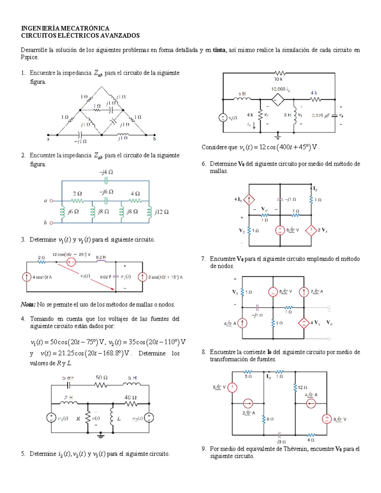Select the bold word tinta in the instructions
click(x=219, y=50)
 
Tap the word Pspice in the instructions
click(x=29, y=57)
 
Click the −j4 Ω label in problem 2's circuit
click(x=106, y=172)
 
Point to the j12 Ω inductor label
click(x=162, y=212)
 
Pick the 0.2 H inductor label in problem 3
click(x=101, y=257)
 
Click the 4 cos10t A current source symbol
click(x=27, y=277)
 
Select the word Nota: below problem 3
click(x=28, y=305)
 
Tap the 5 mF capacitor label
click(x=68, y=378)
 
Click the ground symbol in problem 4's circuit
click(x=101, y=436)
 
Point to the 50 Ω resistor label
click(x=102, y=378)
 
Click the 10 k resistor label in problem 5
click(x=278, y=79)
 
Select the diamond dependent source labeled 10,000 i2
click(x=278, y=100)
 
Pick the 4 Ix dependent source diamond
click(x=249, y=200)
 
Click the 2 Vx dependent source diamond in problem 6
click(x=311, y=230)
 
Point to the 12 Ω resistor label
click(x=302, y=387)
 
